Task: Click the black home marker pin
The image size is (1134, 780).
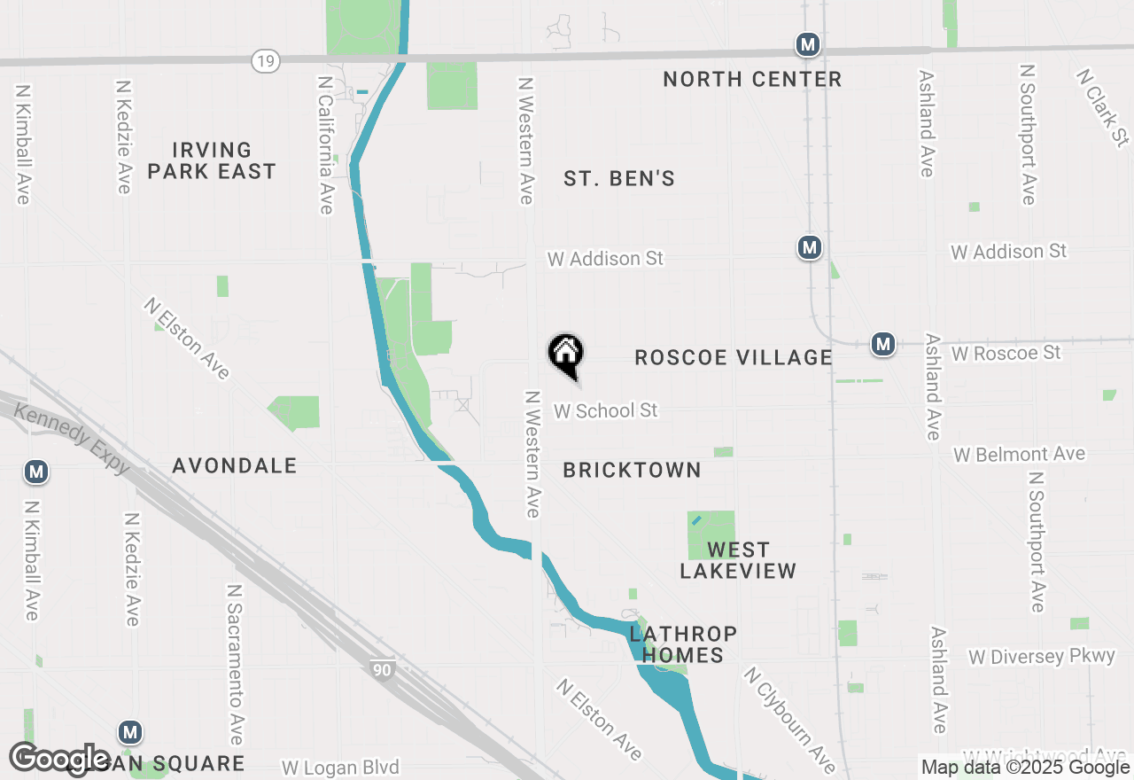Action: (566, 355)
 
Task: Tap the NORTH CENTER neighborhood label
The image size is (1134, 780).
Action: (752, 80)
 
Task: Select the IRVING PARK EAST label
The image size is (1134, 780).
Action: (212, 160)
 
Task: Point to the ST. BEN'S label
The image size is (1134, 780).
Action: (619, 179)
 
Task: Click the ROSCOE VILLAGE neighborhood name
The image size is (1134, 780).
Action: (734, 358)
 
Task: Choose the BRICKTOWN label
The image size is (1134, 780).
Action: (632, 471)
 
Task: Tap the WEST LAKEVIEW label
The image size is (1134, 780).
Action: (738, 560)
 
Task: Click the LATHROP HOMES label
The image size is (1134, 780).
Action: (682, 644)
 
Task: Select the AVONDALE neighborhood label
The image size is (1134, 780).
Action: (234, 466)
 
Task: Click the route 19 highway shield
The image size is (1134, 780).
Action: (265, 61)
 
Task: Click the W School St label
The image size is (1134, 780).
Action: (606, 411)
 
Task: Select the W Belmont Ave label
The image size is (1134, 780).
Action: (1019, 455)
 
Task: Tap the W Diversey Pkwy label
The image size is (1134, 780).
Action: (1041, 657)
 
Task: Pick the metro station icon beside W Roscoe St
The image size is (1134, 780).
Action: (882, 344)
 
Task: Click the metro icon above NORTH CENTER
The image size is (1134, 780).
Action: (806, 44)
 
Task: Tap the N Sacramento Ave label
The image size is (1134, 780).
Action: (235, 665)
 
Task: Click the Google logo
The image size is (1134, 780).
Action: (60, 760)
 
